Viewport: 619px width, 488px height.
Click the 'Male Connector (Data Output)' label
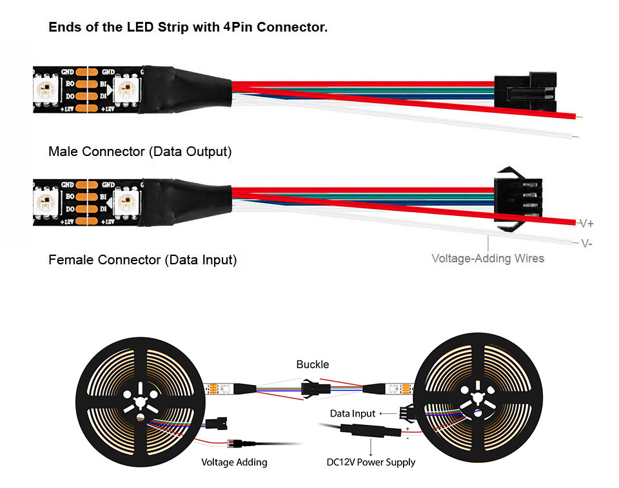[140, 152]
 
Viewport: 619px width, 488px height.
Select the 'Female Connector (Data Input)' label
[142, 260]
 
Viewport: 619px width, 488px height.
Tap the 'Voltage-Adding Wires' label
[487, 259]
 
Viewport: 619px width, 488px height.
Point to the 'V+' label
[586, 224]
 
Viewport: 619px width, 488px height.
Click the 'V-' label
[586, 243]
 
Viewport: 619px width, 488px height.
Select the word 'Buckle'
[313, 365]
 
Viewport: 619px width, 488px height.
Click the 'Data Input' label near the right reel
[353, 413]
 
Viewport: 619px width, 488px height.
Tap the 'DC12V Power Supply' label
[369, 462]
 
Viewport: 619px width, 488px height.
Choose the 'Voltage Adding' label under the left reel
[234, 462]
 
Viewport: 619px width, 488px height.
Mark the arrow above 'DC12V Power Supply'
[370, 447]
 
